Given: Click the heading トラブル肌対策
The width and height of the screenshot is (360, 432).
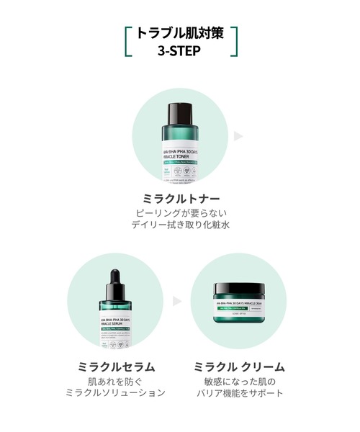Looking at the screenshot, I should coord(180,35).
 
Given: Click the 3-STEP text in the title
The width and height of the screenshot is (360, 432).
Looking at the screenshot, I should coord(180,52).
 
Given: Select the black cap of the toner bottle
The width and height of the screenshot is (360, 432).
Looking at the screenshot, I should coord(180,113).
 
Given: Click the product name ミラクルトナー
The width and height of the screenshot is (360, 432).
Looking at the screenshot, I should coord(180,197).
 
